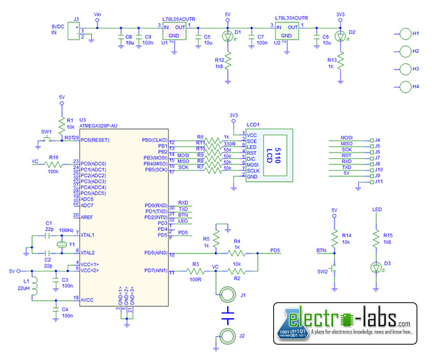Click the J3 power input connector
[75, 33]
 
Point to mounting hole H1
[406, 33]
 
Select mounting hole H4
[406, 87]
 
